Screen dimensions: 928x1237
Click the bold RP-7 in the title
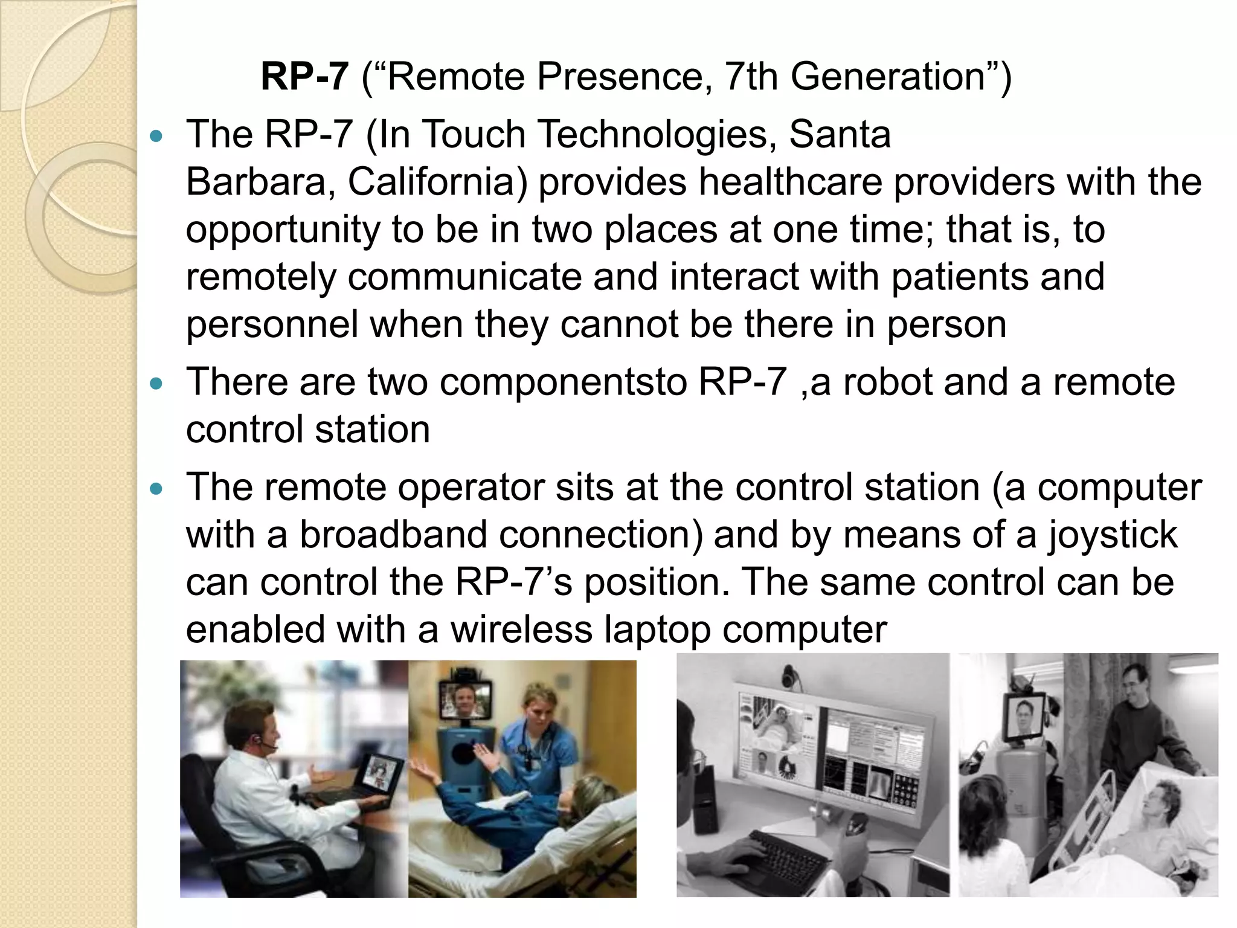pos(304,77)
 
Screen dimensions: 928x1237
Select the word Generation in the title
pos(888,77)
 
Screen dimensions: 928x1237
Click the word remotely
pos(261,277)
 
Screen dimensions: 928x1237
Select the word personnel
pos(272,324)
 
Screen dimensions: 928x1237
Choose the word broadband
pos(393,535)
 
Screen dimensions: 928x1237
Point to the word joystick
pos(1112,535)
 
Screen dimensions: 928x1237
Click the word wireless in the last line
pos(522,630)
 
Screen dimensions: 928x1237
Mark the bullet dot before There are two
pos(156,384)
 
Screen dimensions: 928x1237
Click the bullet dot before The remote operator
pos(156,489)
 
